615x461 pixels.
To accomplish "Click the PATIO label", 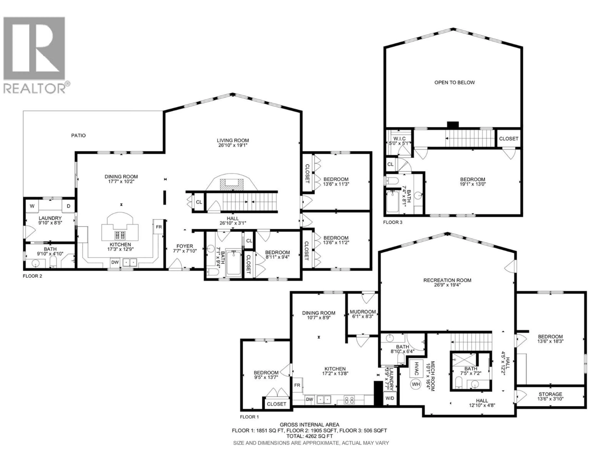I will tap(78, 136).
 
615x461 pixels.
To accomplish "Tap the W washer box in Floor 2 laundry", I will tap(32, 206).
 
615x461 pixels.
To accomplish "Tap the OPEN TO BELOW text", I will tap(455, 83).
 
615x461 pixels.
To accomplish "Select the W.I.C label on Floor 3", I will tap(399, 139).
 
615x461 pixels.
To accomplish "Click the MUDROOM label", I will tap(363, 312).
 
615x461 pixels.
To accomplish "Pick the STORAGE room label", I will tap(550, 394).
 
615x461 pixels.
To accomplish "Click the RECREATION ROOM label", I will tap(447, 280).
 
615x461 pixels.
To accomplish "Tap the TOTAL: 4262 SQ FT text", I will tap(309, 436).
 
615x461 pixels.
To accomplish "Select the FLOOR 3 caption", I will tap(393, 222).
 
